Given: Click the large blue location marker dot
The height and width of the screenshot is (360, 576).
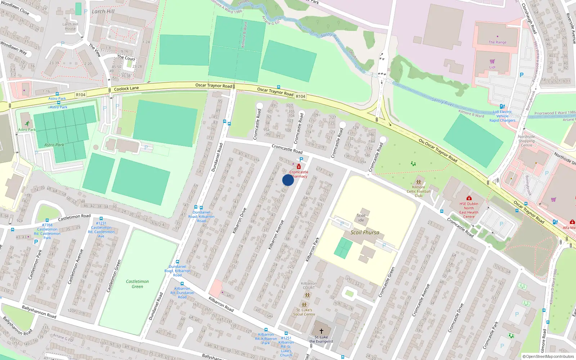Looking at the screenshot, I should [288, 180].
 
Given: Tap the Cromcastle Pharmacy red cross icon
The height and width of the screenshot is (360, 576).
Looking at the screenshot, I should [298, 167].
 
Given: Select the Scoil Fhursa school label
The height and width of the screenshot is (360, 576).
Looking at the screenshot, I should [365, 233].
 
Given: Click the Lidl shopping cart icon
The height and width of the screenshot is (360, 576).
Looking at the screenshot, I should [492, 62].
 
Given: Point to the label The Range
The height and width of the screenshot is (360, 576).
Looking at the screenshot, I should [498, 42].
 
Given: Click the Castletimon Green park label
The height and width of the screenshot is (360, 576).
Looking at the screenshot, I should [137, 284].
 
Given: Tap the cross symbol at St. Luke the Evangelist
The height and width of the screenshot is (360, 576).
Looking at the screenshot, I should [321, 331].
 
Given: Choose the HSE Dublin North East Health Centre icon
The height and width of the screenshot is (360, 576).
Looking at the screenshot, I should [469, 198].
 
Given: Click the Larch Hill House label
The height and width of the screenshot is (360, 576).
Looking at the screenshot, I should [70, 27].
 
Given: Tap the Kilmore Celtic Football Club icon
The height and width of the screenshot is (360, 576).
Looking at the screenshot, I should [418, 182].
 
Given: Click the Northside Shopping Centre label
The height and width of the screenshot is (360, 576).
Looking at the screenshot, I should [526, 141].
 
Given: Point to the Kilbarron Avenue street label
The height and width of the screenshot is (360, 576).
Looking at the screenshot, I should [276, 235].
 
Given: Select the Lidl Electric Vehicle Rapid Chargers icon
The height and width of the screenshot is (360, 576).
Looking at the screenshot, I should [502, 106].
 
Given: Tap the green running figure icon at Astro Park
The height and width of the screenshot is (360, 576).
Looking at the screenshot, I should [27, 123].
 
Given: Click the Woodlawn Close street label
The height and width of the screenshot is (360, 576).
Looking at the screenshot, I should [15, 8].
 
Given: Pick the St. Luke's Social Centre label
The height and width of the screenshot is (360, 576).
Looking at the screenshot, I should [304, 312].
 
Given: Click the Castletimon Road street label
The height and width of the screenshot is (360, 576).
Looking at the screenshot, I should [74, 217].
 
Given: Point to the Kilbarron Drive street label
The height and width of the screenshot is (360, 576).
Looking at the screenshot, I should [239, 221].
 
